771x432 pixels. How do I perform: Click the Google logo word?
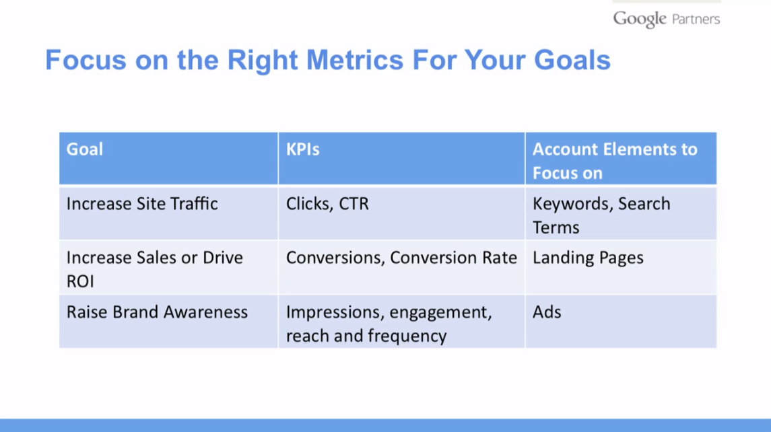click(x=639, y=19)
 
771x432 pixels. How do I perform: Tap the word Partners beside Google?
click(x=696, y=20)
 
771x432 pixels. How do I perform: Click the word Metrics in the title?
click(x=354, y=60)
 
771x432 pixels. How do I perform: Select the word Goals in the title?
click(x=572, y=60)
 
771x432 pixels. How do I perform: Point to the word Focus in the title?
click(x=86, y=60)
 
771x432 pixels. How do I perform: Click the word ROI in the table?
click(x=80, y=281)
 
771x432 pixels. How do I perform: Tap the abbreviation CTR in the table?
click(x=354, y=203)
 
